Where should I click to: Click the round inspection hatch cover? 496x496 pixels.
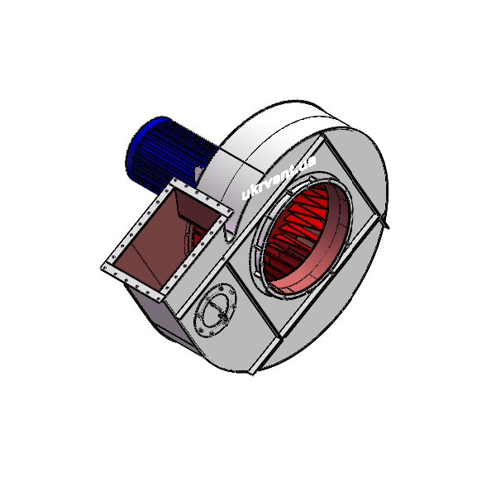[216, 310]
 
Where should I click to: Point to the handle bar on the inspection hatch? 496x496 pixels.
[218, 308]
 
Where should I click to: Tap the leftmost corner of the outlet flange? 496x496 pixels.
[101, 268]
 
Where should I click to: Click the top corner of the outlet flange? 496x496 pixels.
[174, 179]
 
